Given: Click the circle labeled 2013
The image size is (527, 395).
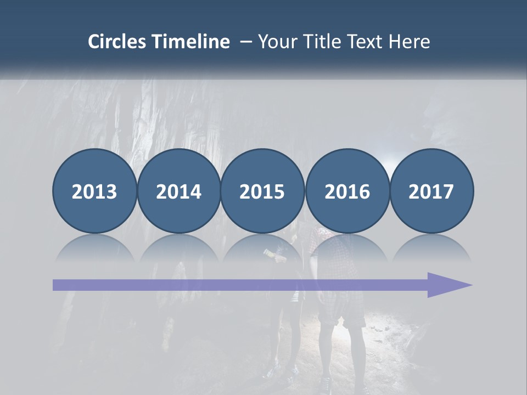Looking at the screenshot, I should click(94, 191).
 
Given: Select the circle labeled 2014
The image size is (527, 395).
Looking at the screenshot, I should click(178, 191).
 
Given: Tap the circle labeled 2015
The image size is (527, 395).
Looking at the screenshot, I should click(262, 191).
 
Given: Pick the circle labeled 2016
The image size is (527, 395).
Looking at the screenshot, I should click(347, 191).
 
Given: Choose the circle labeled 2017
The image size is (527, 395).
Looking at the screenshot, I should click(431, 191).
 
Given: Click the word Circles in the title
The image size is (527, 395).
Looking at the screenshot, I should click(117, 42).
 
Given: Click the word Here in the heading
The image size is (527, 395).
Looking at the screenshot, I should click(411, 42).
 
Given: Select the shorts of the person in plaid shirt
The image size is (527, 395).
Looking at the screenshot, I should click(341, 313).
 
